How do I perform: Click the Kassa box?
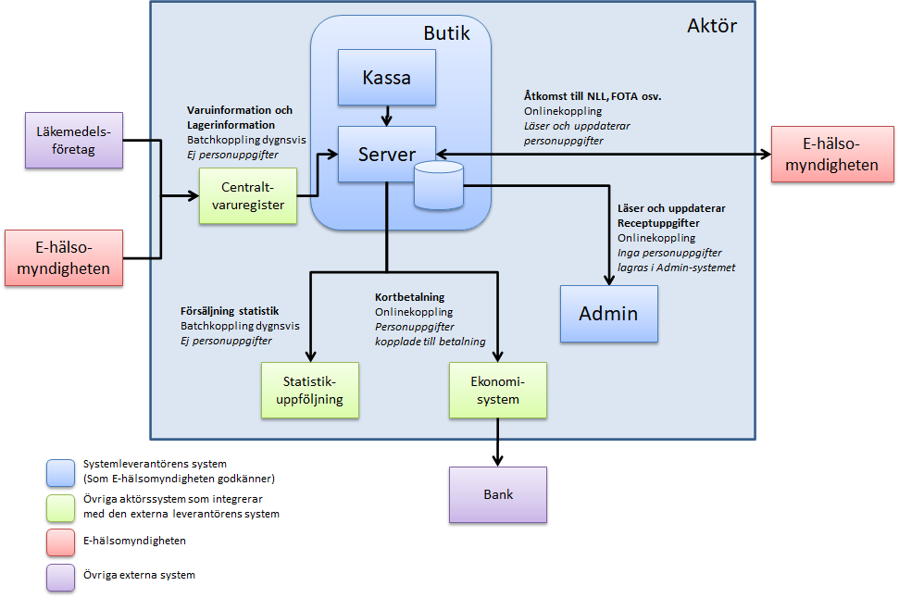pyautogui.click(x=387, y=78)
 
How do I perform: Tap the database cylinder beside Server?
pyautogui.click(x=439, y=184)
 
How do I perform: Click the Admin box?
pyautogui.click(x=608, y=313)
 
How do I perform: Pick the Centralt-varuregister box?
pyautogui.click(x=247, y=195)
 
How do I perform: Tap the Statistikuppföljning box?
pyautogui.click(x=307, y=390)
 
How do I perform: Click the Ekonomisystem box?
pyautogui.click(x=497, y=390)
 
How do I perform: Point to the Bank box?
pyautogui.click(x=497, y=494)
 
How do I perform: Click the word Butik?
pyautogui.click(x=446, y=34)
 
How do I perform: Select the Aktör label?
pyautogui.click(x=712, y=26)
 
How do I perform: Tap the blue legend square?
pyautogui.click(x=60, y=472)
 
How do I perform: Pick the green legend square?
pyautogui.click(x=60, y=507)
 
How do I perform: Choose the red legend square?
pyautogui.click(x=60, y=541)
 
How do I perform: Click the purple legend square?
pyautogui.click(x=60, y=577)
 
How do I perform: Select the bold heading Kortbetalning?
pyautogui.click(x=409, y=297)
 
